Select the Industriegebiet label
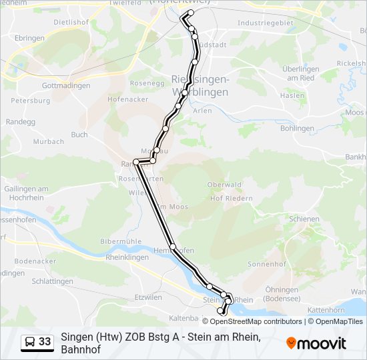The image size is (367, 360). coord(265,23)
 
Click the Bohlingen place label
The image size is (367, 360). coord(297,128)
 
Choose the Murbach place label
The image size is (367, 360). coord(49,141)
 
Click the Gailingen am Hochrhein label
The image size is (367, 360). coord(25,193)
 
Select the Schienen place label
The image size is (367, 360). coord(304,218)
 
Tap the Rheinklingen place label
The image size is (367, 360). coord(127,257)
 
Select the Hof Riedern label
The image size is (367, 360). coord(231,198)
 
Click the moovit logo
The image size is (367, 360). coord(316,343)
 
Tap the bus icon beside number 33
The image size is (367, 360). coord(31,342)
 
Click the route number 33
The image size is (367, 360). coord(45,342)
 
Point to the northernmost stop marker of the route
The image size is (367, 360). coord(191,13)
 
